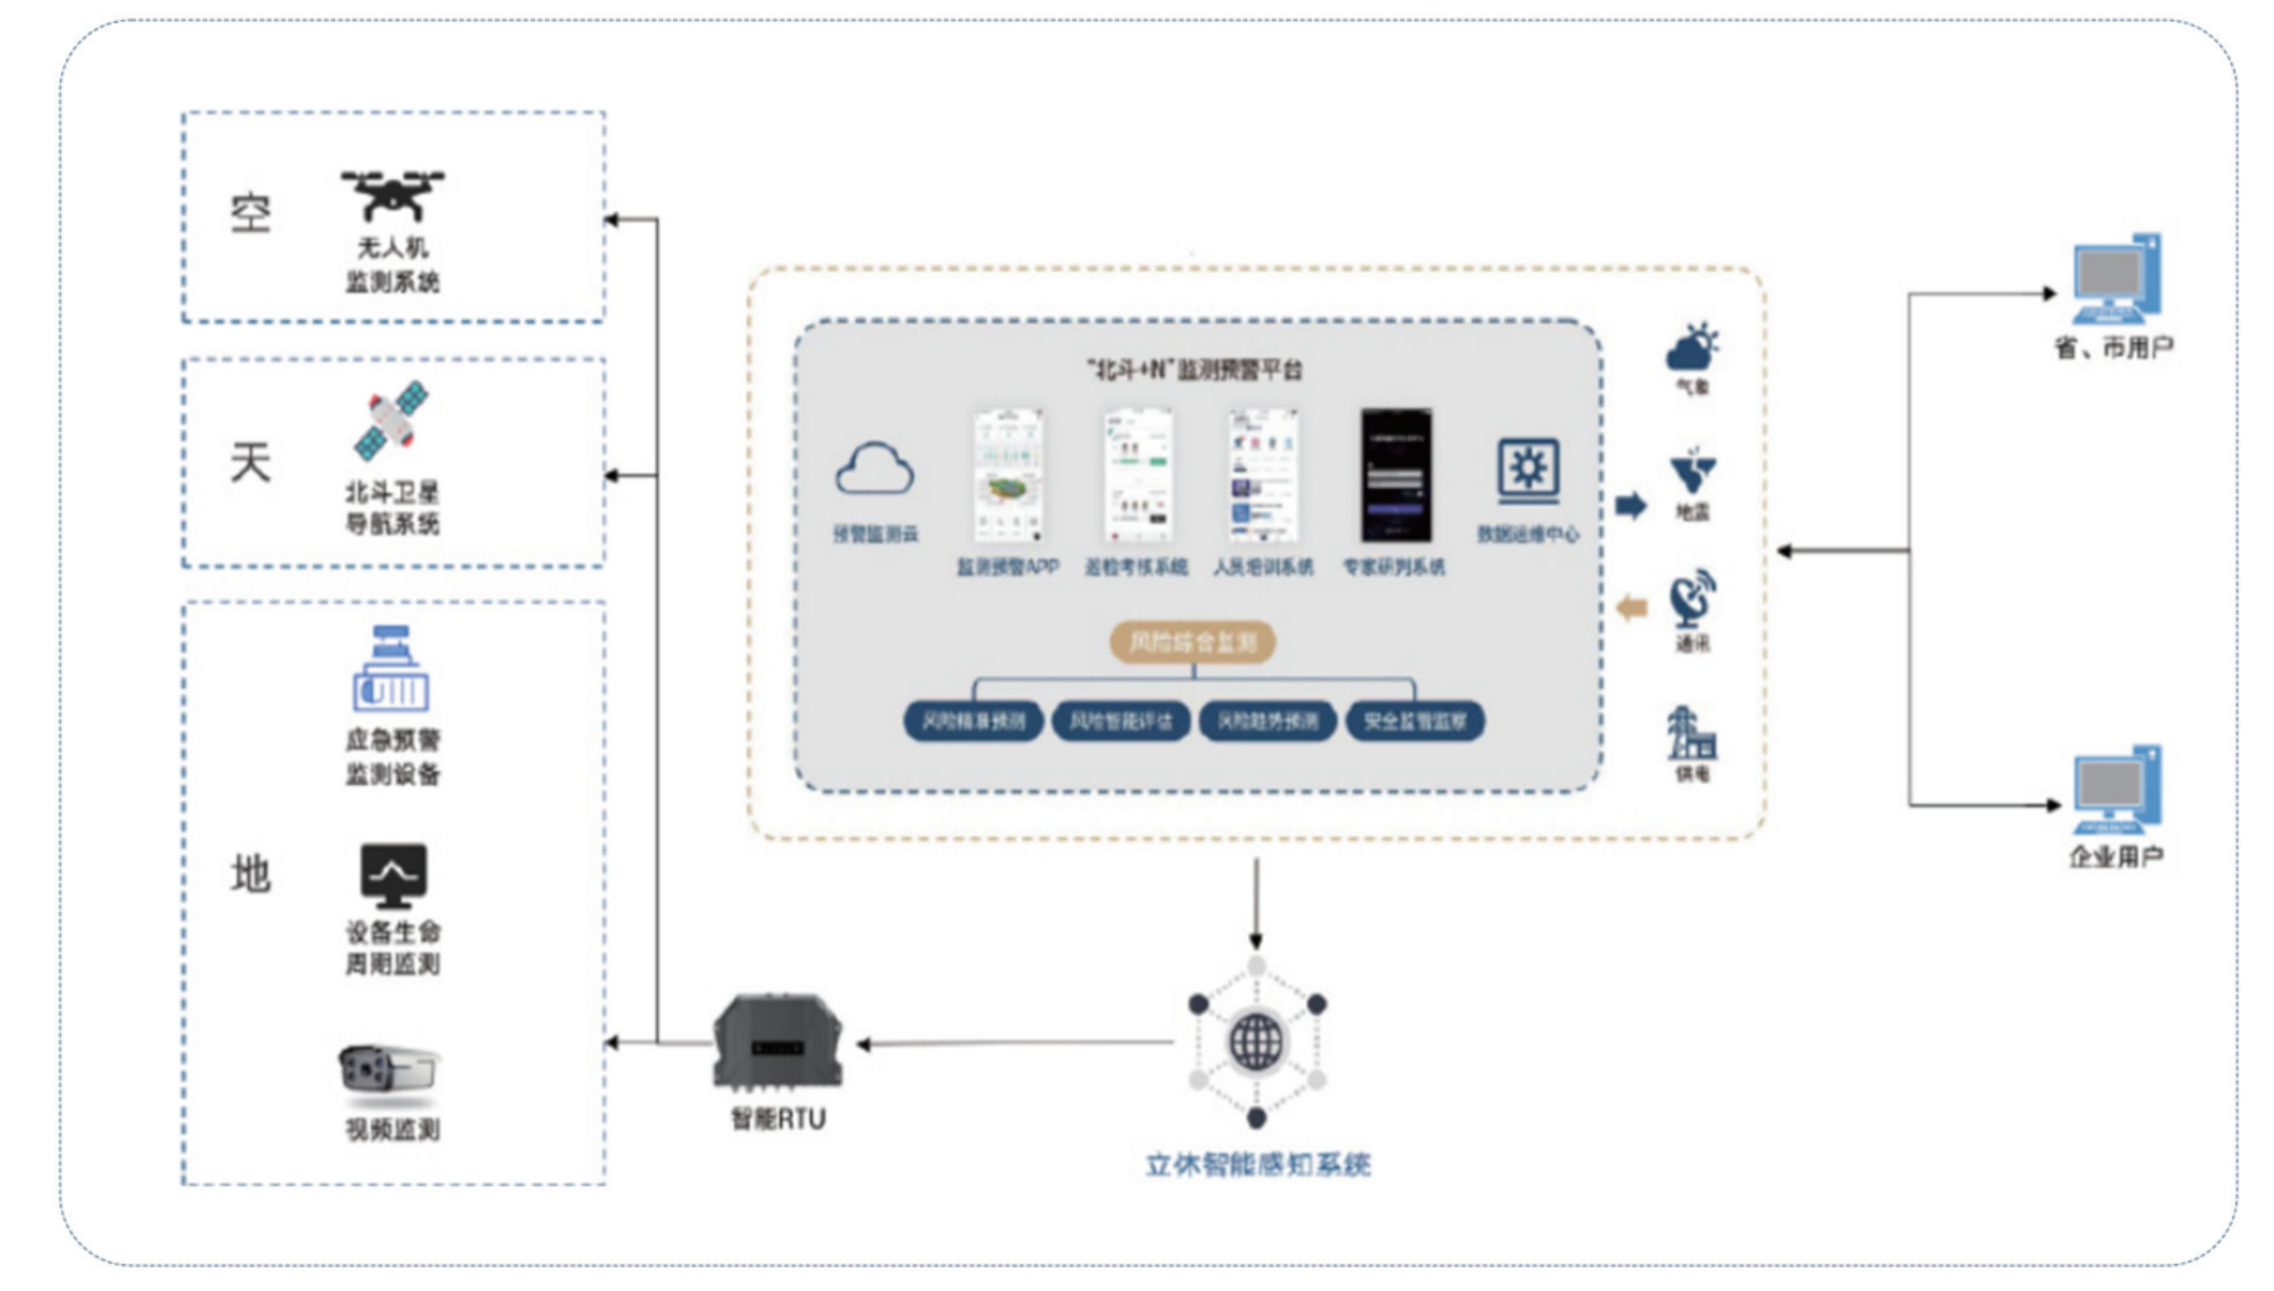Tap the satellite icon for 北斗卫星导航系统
[392, 421]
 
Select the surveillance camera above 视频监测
[389, 1070]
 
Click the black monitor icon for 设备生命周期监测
[393, 874]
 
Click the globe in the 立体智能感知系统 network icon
[1256, 1042]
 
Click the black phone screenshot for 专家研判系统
[1396, 475]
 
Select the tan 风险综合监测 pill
[1193, 642]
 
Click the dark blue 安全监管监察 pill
[1415, 721]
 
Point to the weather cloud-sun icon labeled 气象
[1692, 348]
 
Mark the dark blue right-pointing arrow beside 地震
[1631, 505]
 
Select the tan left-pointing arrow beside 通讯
[1633, 608]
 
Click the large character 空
[250, 214]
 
